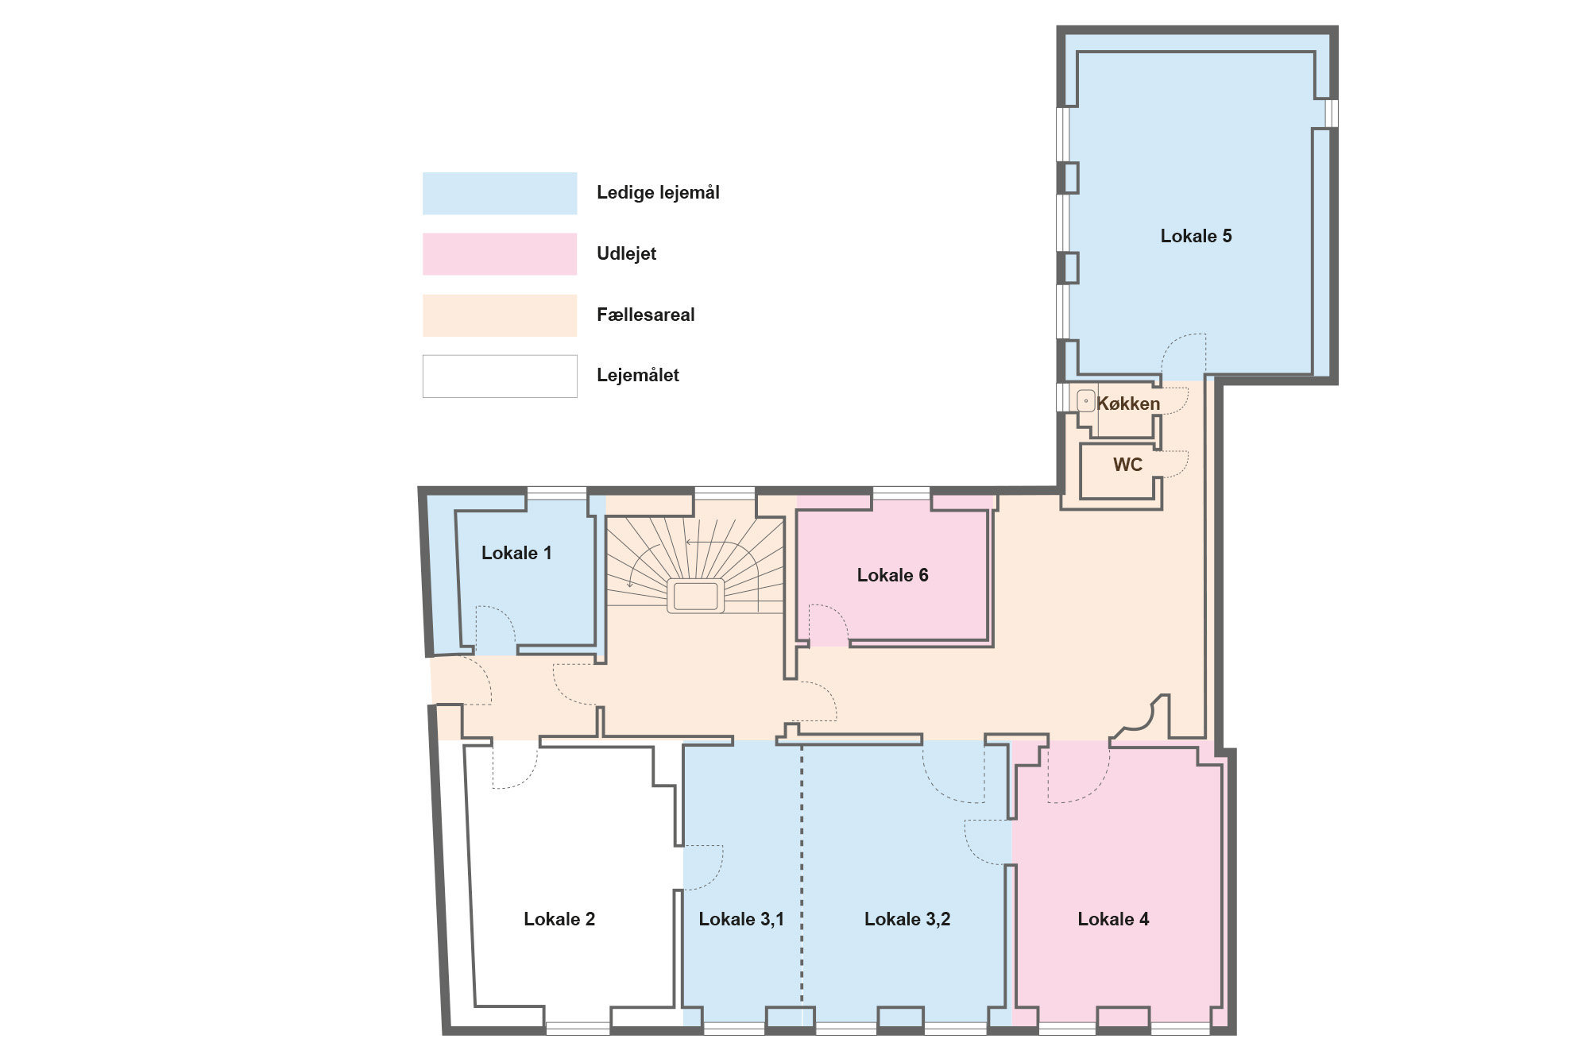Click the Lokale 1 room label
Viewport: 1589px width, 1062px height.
point(516,553)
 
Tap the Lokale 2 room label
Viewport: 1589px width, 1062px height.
point(559,919)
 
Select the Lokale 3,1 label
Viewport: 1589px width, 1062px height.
point(741,919)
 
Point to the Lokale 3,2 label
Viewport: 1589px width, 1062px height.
point(907,919)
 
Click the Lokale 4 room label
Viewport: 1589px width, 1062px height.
point(1113,919)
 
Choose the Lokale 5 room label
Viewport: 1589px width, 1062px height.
point(1196,236)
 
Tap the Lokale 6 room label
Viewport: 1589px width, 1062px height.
point(892,575)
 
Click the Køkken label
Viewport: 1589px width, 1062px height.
point(1128,404)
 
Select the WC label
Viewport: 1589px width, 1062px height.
point(1127,465)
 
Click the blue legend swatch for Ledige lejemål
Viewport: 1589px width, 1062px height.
point(500,193)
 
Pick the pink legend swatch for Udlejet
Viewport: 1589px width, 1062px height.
point(500,254)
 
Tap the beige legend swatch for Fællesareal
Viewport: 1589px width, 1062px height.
point(500,315)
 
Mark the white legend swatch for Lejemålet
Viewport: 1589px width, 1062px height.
point(500,376)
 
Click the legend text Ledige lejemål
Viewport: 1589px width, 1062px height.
point(658,193)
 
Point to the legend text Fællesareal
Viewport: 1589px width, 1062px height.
point(645,315)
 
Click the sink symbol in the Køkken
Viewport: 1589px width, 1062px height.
point(1086,401)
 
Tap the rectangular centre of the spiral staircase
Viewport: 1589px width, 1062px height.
point(695,595)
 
